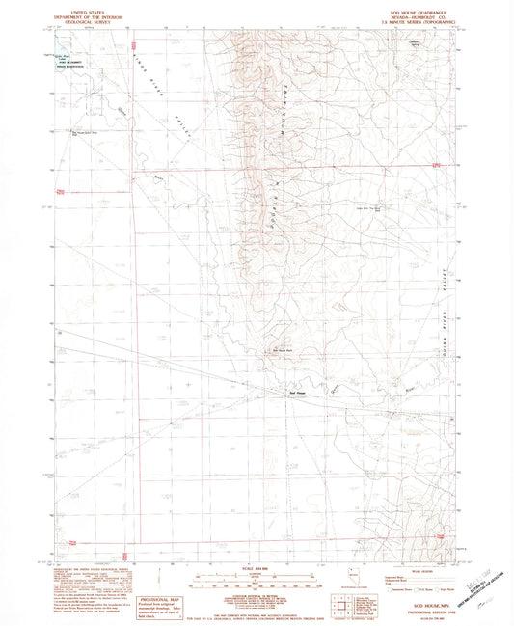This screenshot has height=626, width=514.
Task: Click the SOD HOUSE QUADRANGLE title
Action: tap(414, 7)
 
